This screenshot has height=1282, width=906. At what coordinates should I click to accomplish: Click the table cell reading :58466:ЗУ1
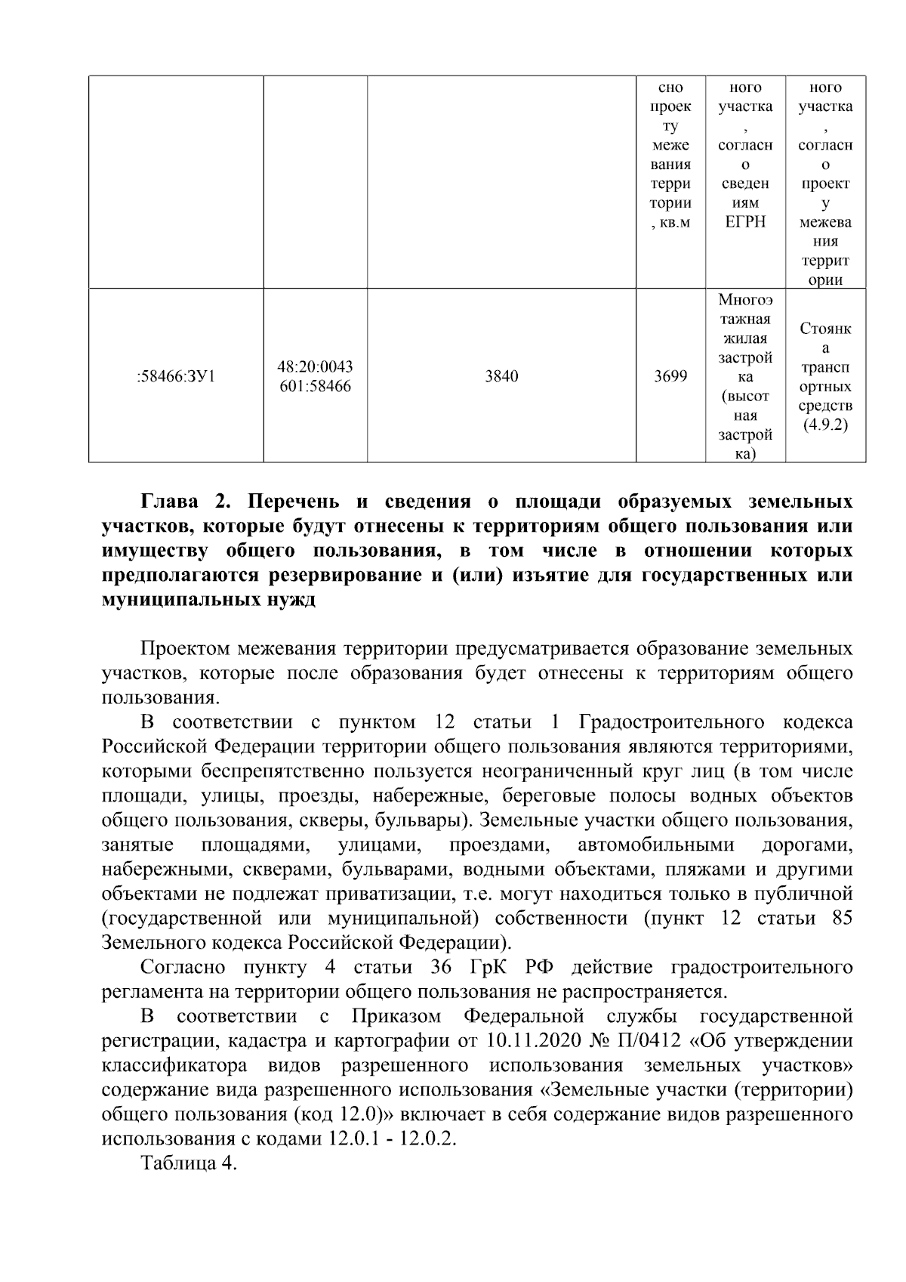pos(176,375)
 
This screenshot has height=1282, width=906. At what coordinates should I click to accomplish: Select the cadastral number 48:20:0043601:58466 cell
pos(315,375)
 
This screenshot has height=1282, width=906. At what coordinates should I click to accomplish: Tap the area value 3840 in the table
pos(501,375)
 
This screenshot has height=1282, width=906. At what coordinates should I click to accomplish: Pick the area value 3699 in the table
pos(670,375)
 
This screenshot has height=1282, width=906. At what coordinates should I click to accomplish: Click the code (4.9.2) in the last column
pos(825,425)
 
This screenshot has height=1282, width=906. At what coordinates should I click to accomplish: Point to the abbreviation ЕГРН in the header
pos(745,222)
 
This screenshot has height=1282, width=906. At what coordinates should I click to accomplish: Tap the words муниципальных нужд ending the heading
pos(208,601)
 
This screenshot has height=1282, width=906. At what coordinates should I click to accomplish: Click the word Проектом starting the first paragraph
pos(186,650)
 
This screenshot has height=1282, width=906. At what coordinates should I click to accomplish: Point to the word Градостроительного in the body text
pos(672,723)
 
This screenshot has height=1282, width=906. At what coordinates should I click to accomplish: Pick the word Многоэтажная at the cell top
pos(745,308)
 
